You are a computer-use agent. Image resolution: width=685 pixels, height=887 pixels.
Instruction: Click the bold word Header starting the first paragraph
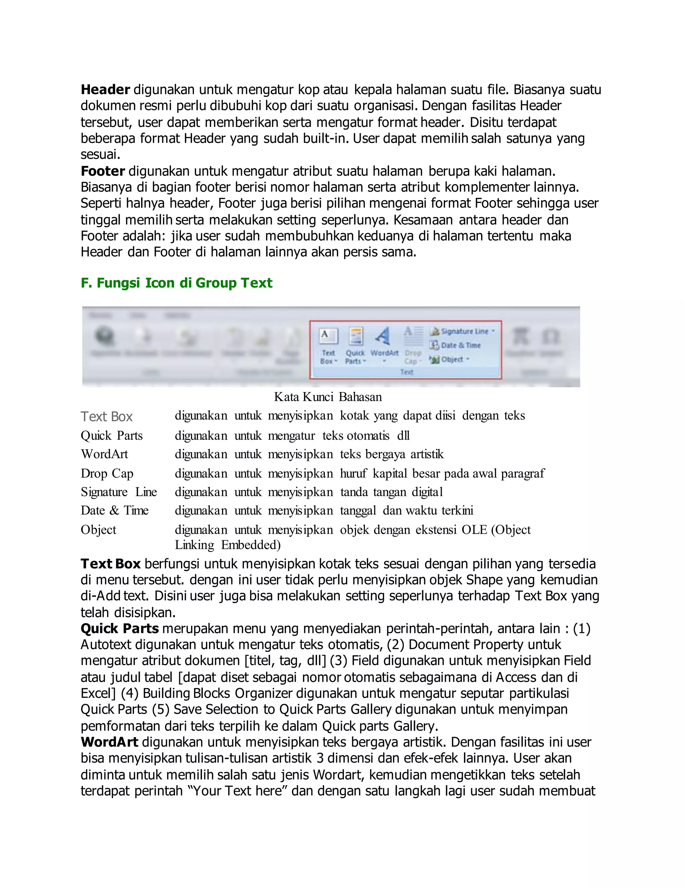105,89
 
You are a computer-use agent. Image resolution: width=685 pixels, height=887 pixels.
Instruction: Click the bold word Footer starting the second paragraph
103,171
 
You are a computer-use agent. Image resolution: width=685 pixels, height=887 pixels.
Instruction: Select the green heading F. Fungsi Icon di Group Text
176,283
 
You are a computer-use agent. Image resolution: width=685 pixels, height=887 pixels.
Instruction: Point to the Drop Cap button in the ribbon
413,345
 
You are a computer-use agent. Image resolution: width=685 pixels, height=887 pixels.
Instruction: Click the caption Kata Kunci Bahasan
328,397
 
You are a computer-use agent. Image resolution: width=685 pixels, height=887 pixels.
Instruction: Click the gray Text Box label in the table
107,416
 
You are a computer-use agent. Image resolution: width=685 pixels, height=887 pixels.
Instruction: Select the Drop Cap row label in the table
107,473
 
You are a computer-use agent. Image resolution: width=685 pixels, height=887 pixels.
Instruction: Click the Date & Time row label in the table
114,510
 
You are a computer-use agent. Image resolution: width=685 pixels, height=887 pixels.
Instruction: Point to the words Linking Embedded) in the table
228,545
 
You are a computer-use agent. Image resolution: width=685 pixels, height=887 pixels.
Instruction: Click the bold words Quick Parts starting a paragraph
120,629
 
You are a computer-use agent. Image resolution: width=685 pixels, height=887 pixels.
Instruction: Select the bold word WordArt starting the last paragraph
110,742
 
